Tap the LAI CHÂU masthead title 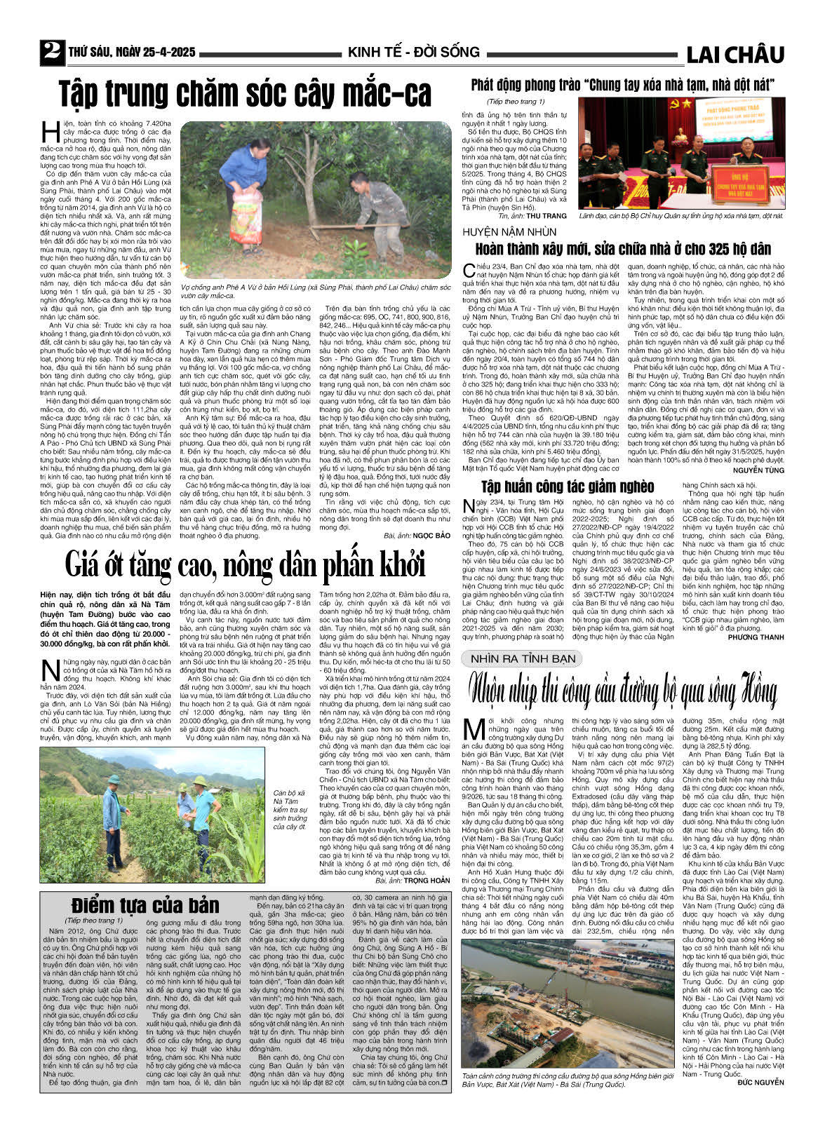click(x=735, y=54)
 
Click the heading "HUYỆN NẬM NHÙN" click(x=509, y=232)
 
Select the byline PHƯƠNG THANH click(x=756, y=637)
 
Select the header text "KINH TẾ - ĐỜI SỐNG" click(x=413, y=53)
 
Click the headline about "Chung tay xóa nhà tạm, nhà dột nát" click(x=622, y=86)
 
